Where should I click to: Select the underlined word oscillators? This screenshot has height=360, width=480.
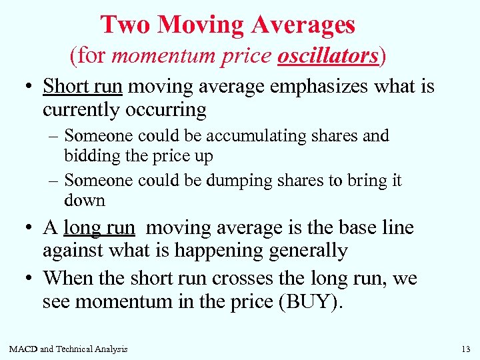click(328, 55)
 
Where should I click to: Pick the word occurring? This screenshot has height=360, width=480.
click(167, 109)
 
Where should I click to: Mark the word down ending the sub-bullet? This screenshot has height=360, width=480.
click(85, 200)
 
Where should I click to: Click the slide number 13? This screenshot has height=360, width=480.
click(465, 349)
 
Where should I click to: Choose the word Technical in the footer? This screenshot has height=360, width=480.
click(76, 349)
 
